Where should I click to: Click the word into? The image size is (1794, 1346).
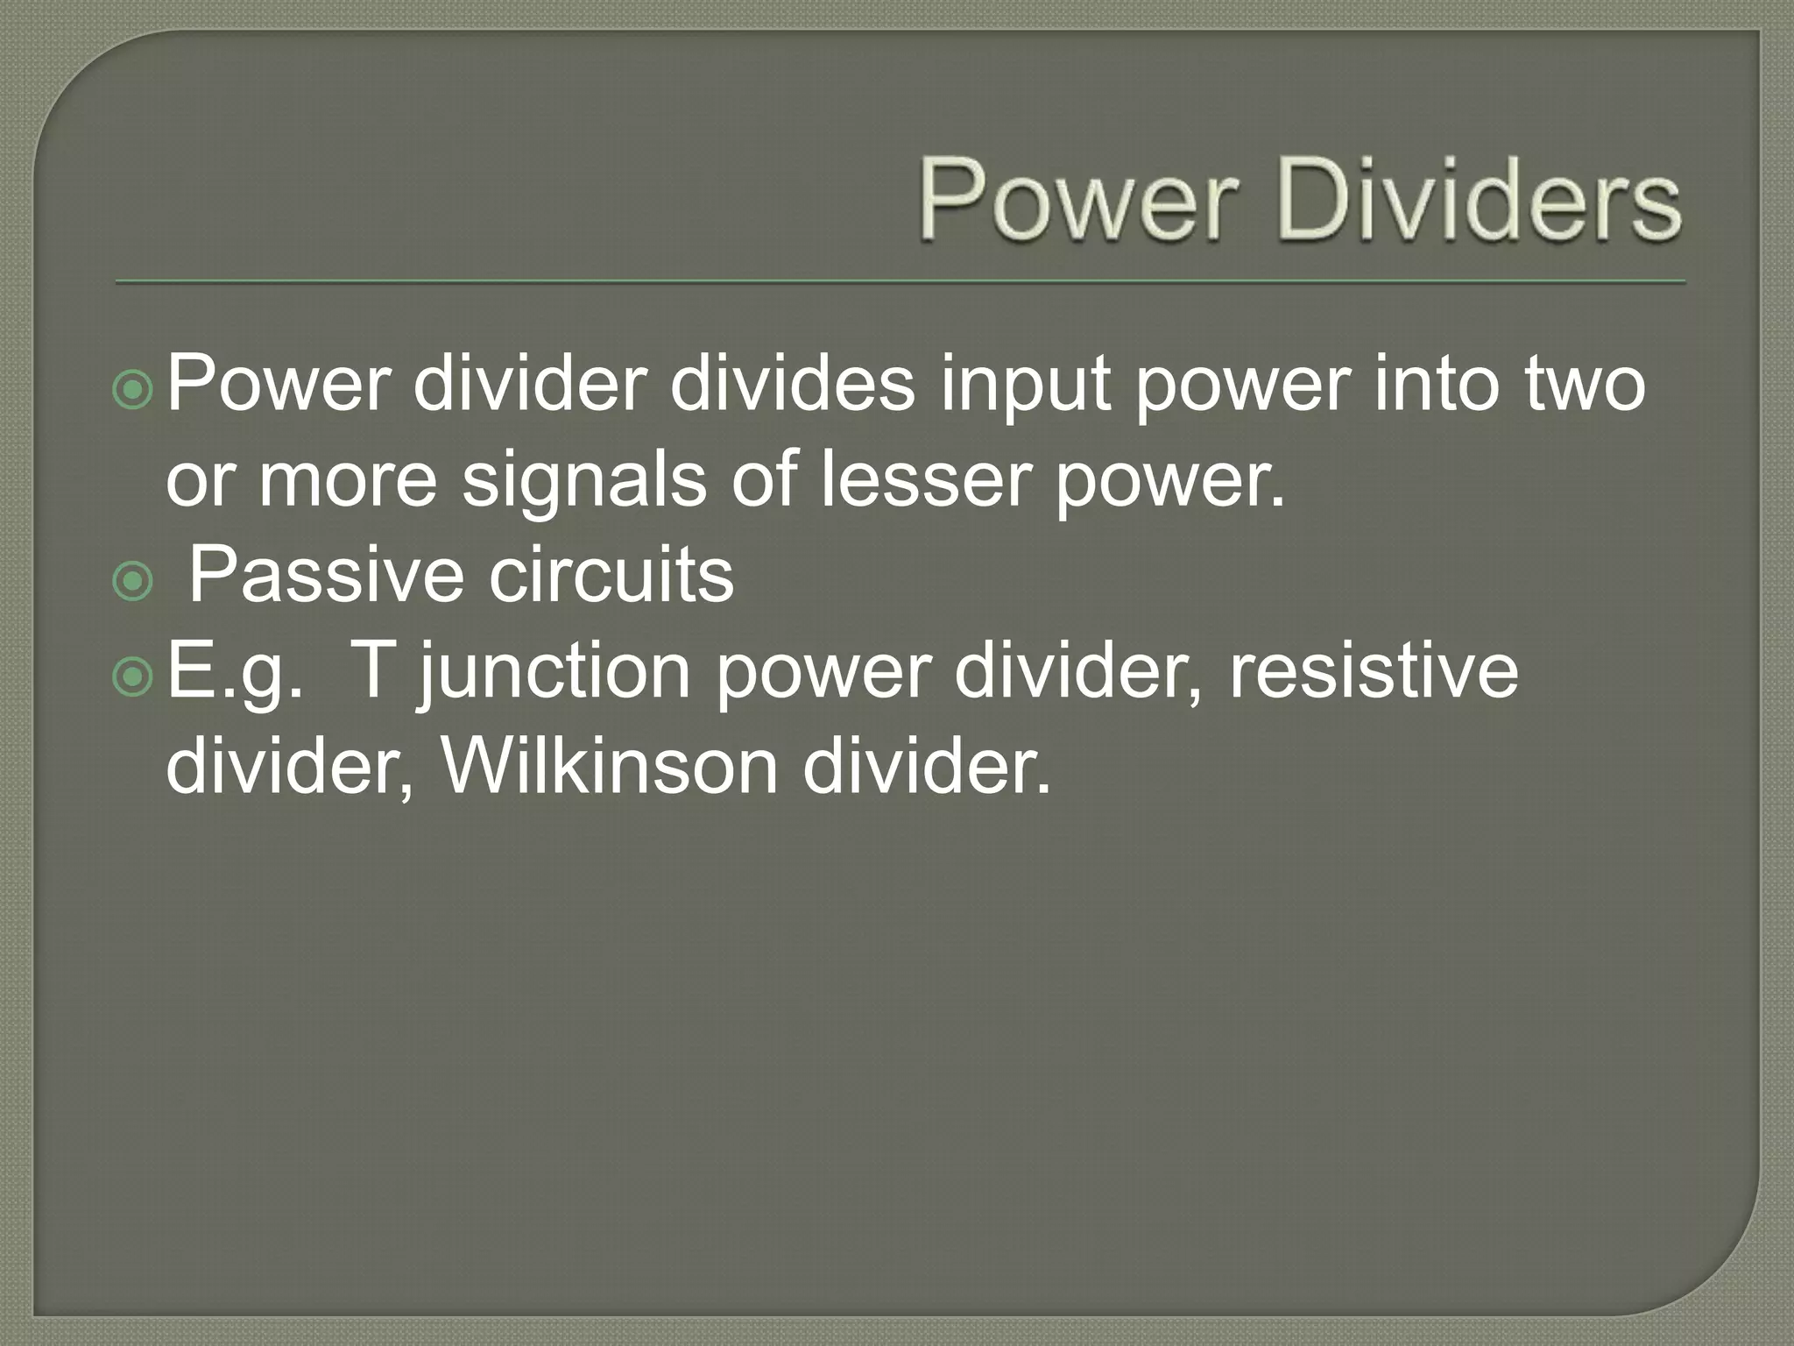pyautogui.click(x=1437, y=385)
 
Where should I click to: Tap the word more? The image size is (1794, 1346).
pyautogui.click(x=348, y=481)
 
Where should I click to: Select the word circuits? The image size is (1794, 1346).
pyautogui.click(x=611, y=575)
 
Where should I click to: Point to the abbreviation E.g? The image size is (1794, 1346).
pyautogui.click(x=235, y=673)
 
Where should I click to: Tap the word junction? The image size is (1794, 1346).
pyautogui.click(x=555, y=673)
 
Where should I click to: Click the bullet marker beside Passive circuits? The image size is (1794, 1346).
pyautogui.click(x=133, y=581)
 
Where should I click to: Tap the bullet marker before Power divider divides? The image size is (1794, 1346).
pyautogui.click(x=133, y=391)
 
